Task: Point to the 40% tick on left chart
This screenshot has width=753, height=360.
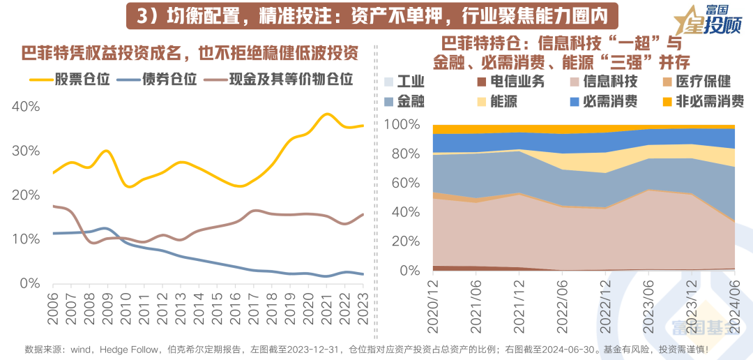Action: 26,107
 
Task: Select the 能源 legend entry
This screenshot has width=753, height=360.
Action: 496,101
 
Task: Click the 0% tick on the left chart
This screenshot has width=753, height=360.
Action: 29,283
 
